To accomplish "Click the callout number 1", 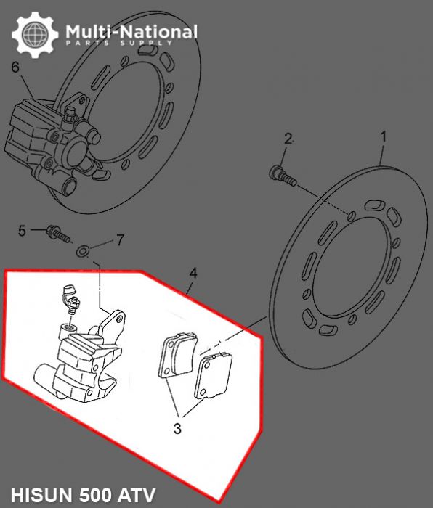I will (x=384, y=136).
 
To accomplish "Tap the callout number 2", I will (x=288, y=139).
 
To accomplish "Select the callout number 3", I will (x=177, y=428).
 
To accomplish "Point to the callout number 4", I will (x=193, y=273).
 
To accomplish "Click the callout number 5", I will (x=22, y=231).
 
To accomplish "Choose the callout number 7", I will (x=121, y=239).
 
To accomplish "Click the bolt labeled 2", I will (x=280, y=173).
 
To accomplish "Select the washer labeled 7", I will (x=84, y=251).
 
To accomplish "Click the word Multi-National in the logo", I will (x=131, y=32).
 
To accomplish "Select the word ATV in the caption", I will (x=138, y=496).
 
